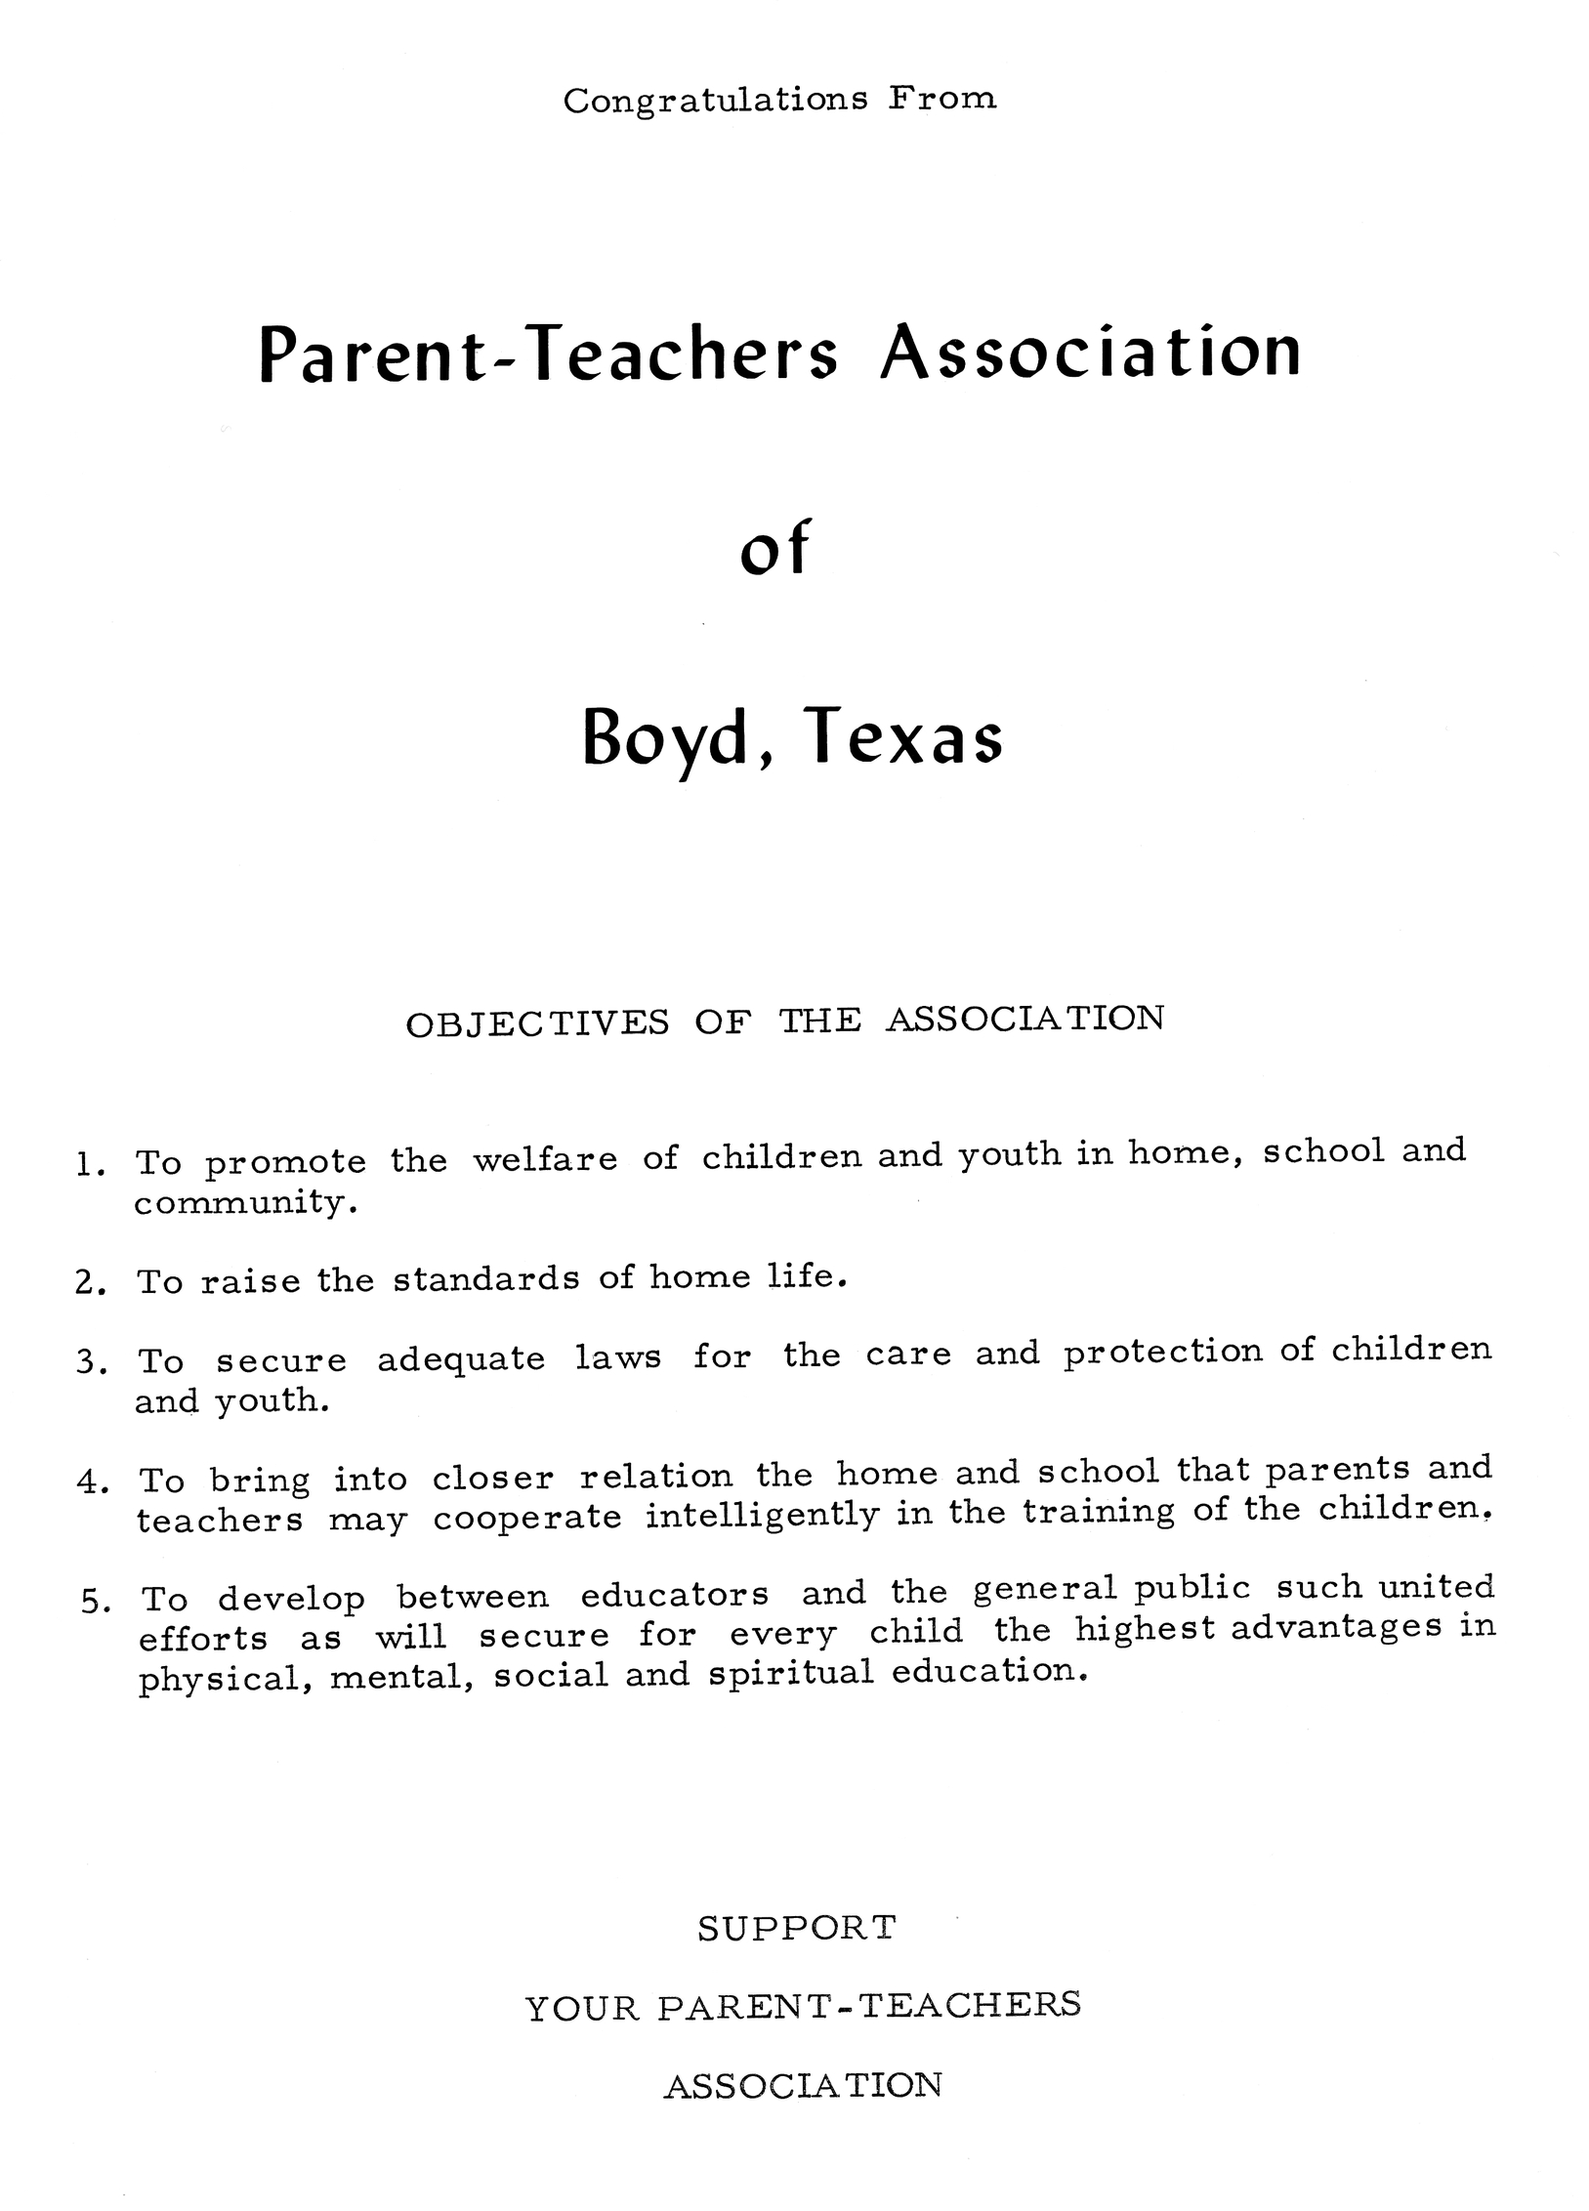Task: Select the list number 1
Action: point(86,1164)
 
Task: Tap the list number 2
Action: point(86,1282)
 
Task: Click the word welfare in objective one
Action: point(545,1160)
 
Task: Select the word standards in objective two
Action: point(486,1279)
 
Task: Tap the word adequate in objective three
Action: point(461,1359)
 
